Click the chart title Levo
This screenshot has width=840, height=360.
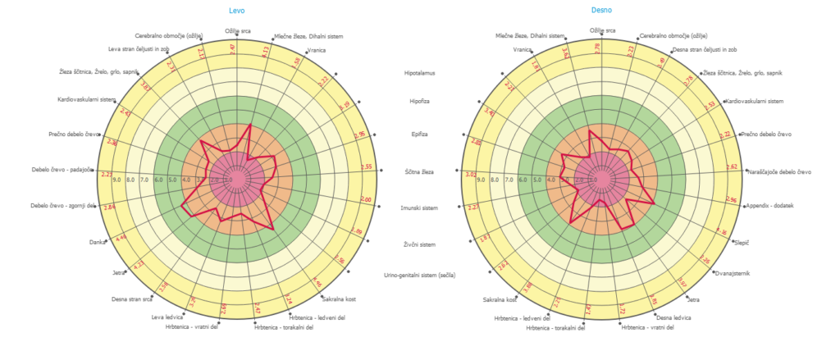pos(236,10)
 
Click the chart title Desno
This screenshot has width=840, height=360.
pos(601,10)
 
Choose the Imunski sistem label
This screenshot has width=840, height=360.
pos(422,208)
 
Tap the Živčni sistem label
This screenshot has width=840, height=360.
pos(422,244)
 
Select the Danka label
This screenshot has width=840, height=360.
pos(97,242)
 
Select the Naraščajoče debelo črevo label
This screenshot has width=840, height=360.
pos(780,171)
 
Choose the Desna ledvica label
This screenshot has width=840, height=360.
pos(672,317)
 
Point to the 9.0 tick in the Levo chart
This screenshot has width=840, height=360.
pos(116,179)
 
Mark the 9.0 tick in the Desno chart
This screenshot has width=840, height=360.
pos(482,179)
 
